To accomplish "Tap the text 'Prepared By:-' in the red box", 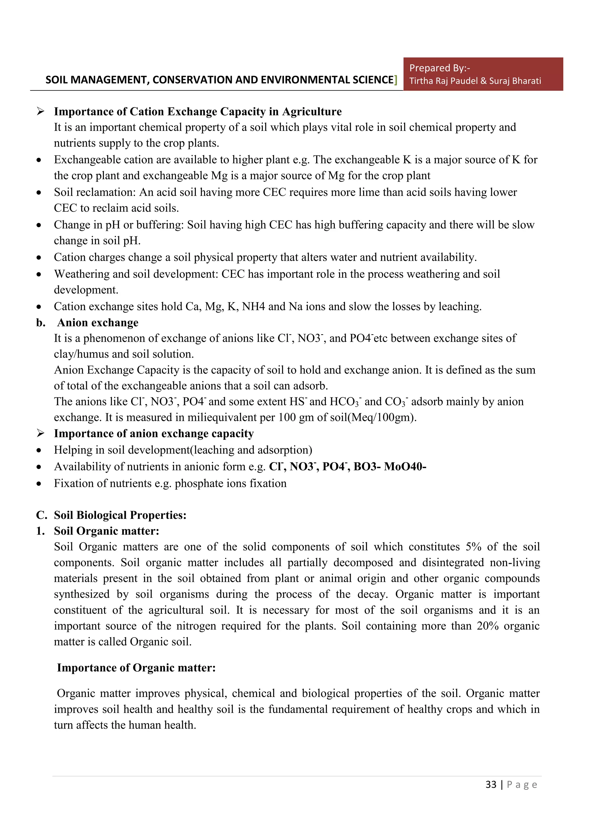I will (439, 68).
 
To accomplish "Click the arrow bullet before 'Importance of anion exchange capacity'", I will (40, 433).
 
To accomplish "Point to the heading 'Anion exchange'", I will (98, 322).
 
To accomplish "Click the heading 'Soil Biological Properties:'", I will (120, 515).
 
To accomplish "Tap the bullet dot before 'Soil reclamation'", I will (39, 192).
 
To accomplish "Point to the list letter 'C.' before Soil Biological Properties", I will (41, 515).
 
